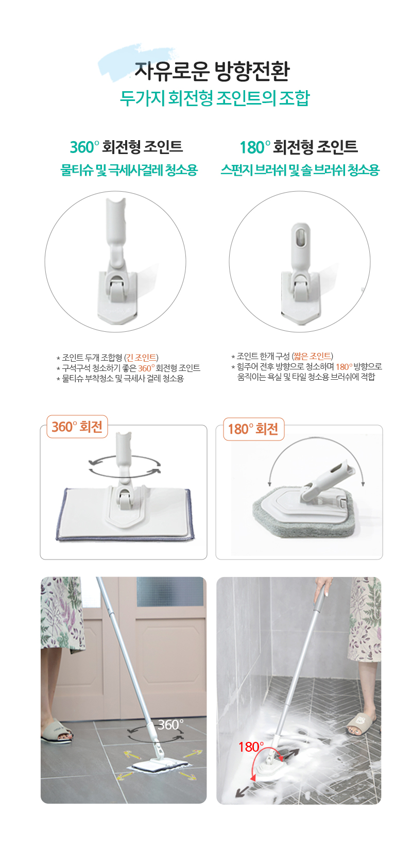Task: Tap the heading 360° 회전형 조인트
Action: click(x=126, y=147)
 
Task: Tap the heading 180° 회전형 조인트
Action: click(x=299, y=147)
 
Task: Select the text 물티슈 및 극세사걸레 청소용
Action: click(x=129, y=170)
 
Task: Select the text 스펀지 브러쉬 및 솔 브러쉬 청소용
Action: click(x=300, y=170)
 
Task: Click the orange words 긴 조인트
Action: click(x=141, y=358)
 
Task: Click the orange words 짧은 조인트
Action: click(x=312, y=356)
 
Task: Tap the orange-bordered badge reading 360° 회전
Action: click(x=77, y=427)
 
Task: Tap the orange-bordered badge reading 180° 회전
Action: click(x=253, y=429)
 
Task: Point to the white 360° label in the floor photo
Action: click(x=170, y=724)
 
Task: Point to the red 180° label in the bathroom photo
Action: click(x=251, y=747)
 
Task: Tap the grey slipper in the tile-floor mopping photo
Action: click(x=57, y=732)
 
